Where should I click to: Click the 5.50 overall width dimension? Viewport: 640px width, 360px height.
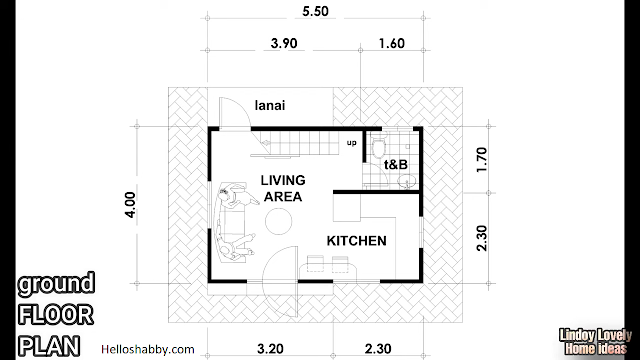coord(315,11)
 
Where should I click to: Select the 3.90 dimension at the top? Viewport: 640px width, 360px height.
coord(284,43)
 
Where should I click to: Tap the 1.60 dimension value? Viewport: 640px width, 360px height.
coord(391,43)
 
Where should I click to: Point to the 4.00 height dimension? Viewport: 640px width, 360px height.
coord(130,205)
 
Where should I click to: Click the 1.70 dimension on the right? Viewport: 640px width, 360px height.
coord(482,160)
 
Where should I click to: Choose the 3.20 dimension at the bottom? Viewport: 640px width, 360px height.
coord(270,349)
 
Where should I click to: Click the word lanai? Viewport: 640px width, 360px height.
coord(270,105)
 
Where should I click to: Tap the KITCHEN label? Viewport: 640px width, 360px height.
coord(356,241)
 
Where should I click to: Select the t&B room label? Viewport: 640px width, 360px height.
coord(396,164)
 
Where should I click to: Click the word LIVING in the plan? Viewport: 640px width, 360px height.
coord(283,180)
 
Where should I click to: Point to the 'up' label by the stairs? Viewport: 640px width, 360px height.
coord(351,143)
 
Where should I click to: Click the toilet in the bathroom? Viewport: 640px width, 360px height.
coord(379,148)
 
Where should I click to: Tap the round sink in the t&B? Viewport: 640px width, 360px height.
coord(407,181)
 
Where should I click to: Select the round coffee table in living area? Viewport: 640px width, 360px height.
coord(278,221)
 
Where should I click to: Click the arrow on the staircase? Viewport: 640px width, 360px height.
coord(266,143)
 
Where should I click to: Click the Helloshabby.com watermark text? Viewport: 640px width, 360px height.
coord(148,349)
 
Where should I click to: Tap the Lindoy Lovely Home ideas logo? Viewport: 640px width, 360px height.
coord(595,342)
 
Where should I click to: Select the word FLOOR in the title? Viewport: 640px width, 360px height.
coord(56,315)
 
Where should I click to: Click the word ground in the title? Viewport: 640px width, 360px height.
coord(56,284)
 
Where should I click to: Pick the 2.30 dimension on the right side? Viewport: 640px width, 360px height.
coord(482,238)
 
